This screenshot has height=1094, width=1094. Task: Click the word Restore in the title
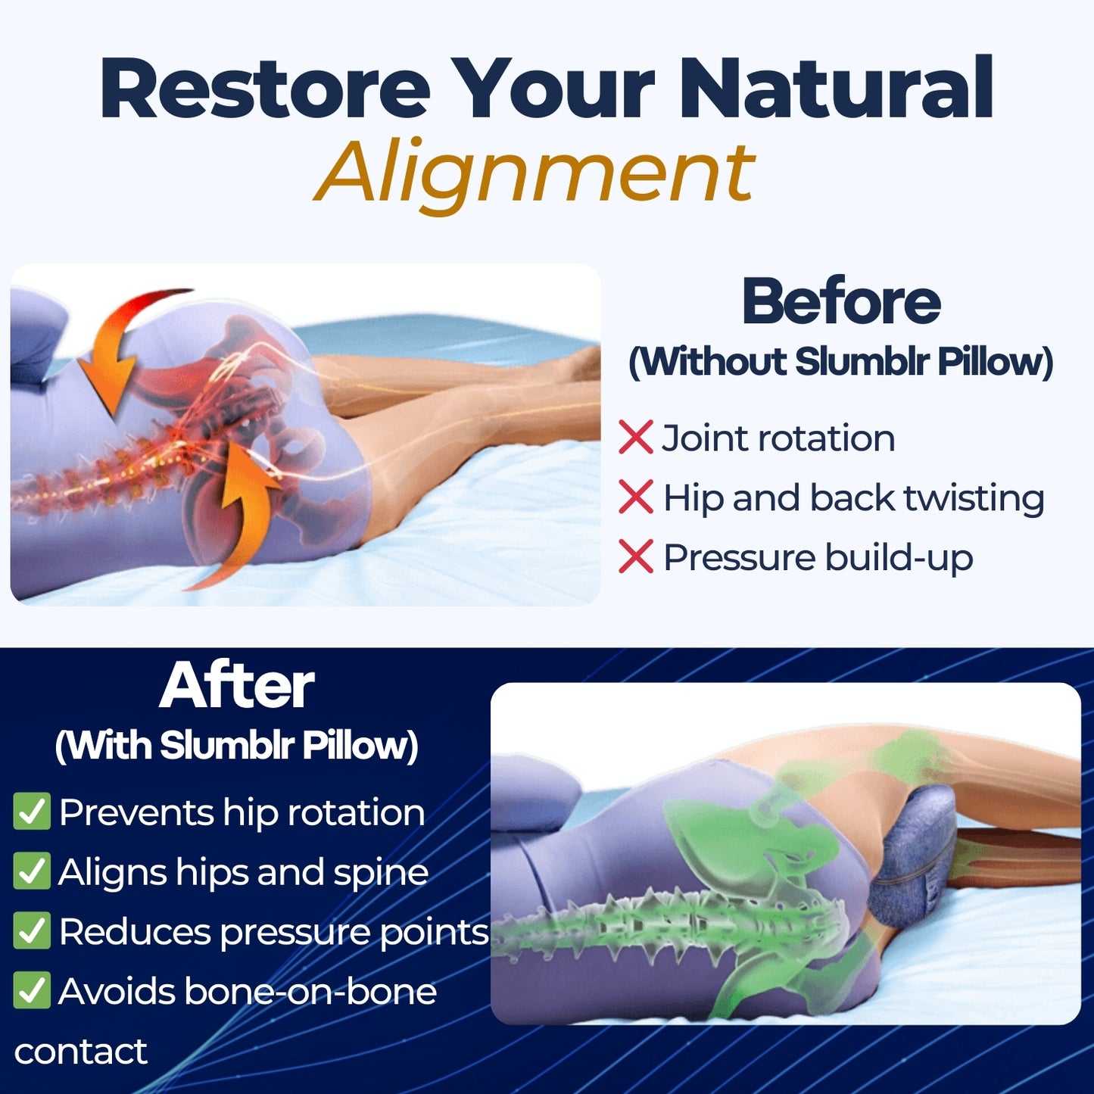coord(265,89)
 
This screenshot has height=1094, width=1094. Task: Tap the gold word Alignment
coord(535,173)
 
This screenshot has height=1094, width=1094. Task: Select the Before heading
coord(840,301)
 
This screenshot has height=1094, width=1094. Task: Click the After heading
coord(236,686)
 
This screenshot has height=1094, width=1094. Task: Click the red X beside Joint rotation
coord(635,438)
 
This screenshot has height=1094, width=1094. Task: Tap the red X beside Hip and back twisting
coord(635,497)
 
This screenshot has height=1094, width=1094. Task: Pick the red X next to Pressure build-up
coord(635,556)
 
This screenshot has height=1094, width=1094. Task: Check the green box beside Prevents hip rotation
coord(32,812)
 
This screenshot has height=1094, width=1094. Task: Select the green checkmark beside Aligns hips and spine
coord(32,871)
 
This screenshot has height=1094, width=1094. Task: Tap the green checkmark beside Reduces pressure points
coord(32,931)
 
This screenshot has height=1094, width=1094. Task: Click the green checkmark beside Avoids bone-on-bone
coord(32,990)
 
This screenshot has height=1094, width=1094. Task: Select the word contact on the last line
coord(80,1052)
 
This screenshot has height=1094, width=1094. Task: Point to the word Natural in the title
coord(836,89)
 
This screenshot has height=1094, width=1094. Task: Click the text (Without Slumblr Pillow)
coord(840,362)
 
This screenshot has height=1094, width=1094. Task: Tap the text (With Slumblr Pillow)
coord(236,746)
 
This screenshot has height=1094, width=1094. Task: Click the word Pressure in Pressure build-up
coord(738,558)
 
